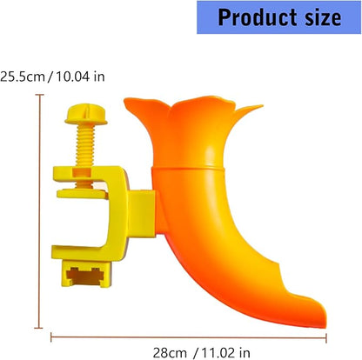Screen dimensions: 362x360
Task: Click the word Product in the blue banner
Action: coord(257,17)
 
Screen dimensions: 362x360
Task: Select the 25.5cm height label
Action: coord(23,77)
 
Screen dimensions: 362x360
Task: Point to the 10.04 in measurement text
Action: coord(80,77)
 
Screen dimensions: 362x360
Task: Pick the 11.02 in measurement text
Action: coord(225,353)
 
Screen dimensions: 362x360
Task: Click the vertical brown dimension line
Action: coord(39,211)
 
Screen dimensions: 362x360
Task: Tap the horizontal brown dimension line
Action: coord(189,337)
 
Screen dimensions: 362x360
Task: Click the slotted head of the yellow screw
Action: coord(86,114)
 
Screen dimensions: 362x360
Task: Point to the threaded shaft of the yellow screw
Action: coord(85,145)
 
